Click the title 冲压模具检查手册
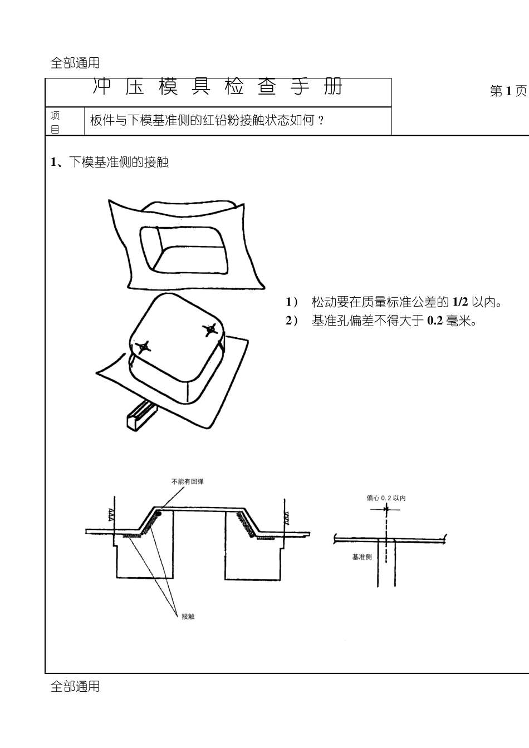point(218,88)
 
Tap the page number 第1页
point(508,92)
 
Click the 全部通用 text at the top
point(75,63)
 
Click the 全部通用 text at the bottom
point(75,687)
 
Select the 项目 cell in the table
point(56,122)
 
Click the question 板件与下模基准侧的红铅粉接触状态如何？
point(207,120)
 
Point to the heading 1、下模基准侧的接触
point(110,163)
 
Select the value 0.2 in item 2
point(434,321)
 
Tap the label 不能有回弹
point(187,481)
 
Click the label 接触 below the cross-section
point(188,616)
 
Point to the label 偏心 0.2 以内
point(385,498)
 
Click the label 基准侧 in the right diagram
point(361,557)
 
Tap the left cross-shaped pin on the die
point(143,347)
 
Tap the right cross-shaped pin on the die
point(210,329)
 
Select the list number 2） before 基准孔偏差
point(292,321)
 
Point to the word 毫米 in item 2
point(458,321)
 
